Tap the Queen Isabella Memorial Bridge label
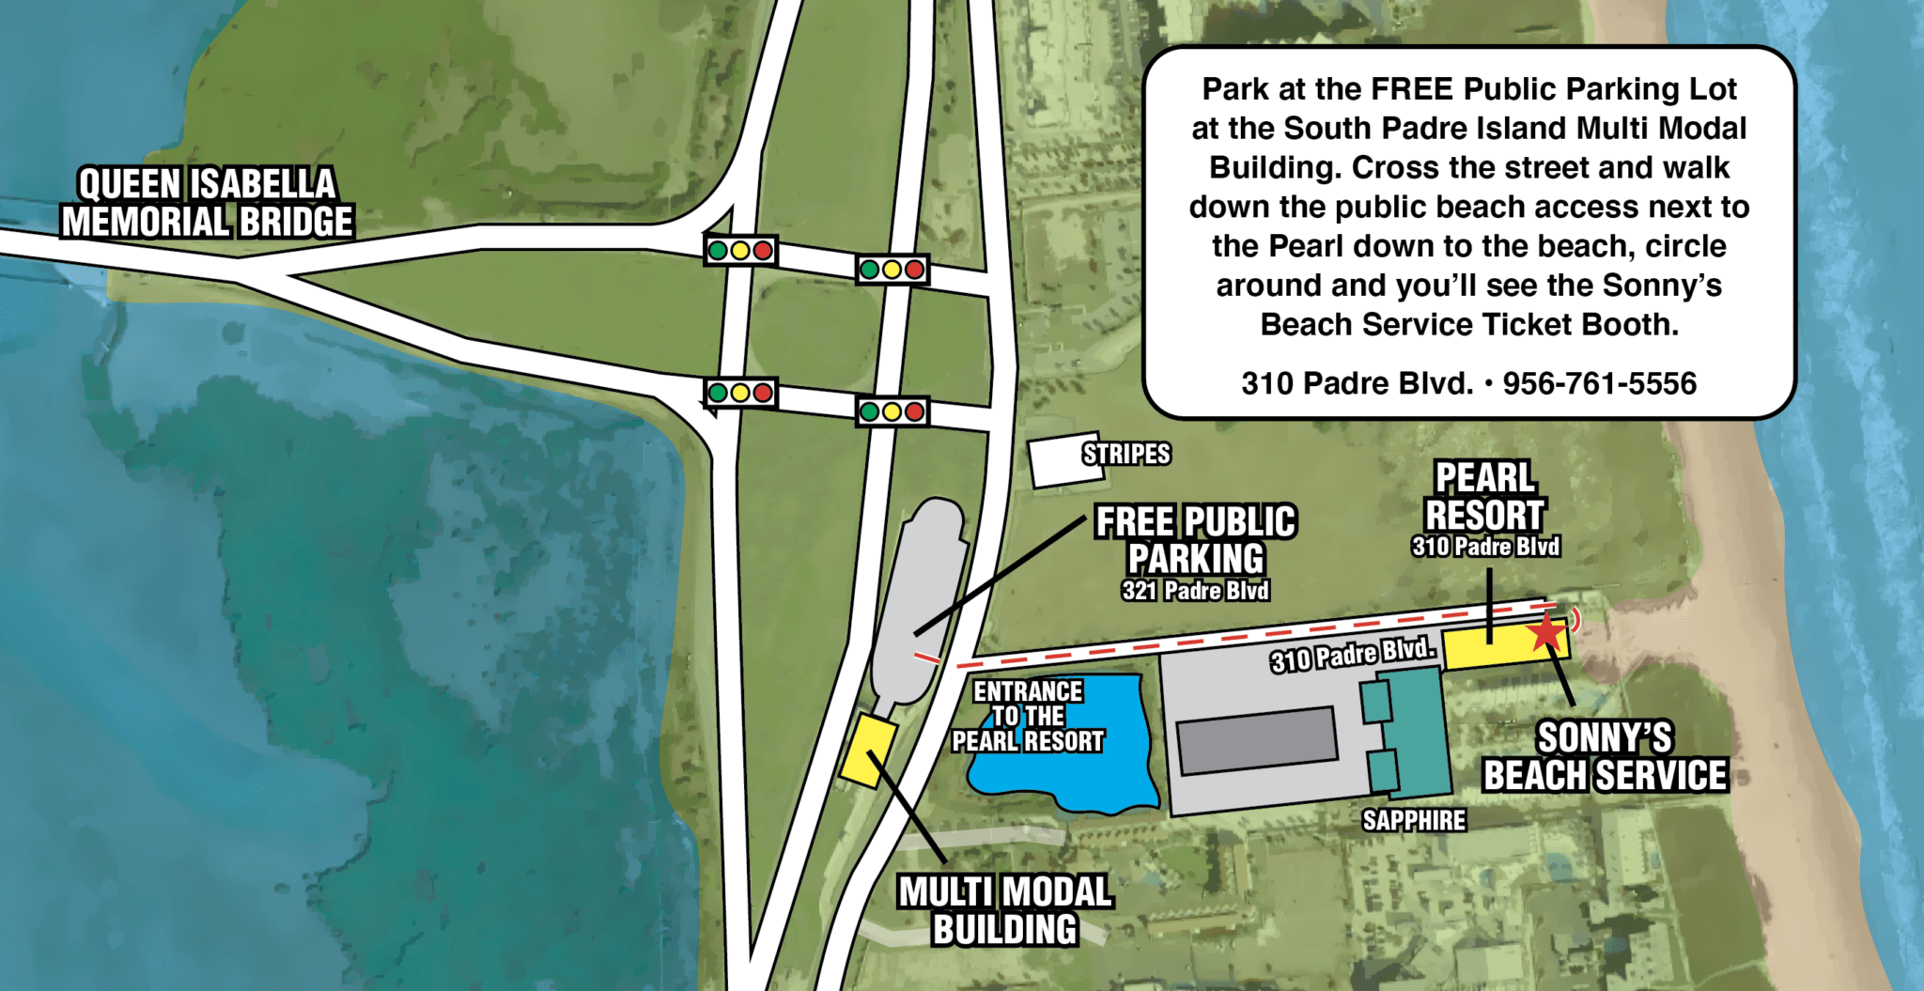pyautogui.click(x=207, y=203)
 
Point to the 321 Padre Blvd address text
pyautogui.click(x=1195, y=591)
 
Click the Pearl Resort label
pyautogui.click(x=1484, y=497)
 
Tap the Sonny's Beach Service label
pyautogui.click(x=1605, y=757)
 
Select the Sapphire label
pyautogui.click(x=1414, y=821)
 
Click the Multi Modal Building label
pyautogui.click(x=1005, y=910)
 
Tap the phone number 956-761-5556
pyautogui.click(x=1599, y=383)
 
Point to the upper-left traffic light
pyautogui.click(x=740, y=251)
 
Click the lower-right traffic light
pyautogui.click(x=892, y=411)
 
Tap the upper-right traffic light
pyautogui.click(x=892, y=271)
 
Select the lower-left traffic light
pyautogui.click(x=740, y=393)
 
